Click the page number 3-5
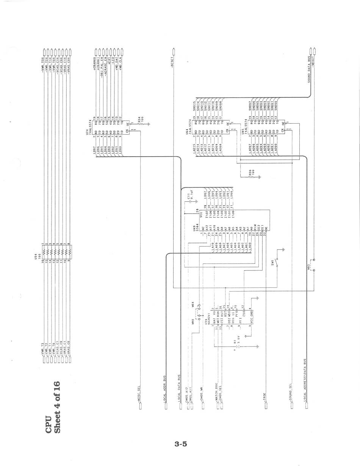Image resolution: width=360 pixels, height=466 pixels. [x=181, y=444]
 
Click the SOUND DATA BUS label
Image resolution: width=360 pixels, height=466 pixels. [x=309, y=70]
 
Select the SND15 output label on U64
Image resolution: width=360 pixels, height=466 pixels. [x=194, y=105]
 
